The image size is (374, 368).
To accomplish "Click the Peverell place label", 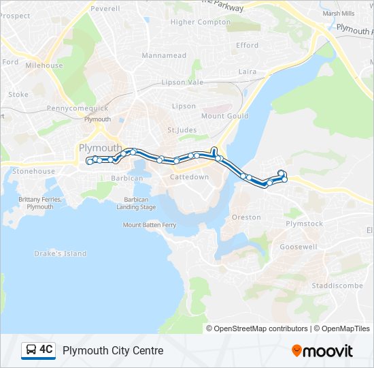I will (105, 9).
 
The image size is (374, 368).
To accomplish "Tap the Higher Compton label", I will (201, 22).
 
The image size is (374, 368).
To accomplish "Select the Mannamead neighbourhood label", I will (163, 55).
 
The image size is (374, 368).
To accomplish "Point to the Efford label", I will (248, 46).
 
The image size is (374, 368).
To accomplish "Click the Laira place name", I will (248, 71).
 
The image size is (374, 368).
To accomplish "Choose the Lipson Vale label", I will (182, 82).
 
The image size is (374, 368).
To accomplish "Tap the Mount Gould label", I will (222, 116).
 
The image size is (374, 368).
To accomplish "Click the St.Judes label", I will (181, 129).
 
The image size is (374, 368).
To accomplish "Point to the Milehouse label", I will (44, 66).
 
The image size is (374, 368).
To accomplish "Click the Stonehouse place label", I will (33, 172).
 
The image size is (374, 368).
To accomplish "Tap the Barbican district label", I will (126, 179).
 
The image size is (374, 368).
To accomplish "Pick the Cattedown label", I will (189, 177).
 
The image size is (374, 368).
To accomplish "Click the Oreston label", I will (246, 217).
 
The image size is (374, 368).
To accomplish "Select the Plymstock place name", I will (304, 224).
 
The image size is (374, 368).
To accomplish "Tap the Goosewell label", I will (299, 247).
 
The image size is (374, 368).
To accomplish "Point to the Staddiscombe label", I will (337, 286).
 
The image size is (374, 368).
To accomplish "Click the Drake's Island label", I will (61, 254).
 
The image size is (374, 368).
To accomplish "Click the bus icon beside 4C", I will (31, 350).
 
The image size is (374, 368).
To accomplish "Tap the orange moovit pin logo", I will (296, 350).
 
